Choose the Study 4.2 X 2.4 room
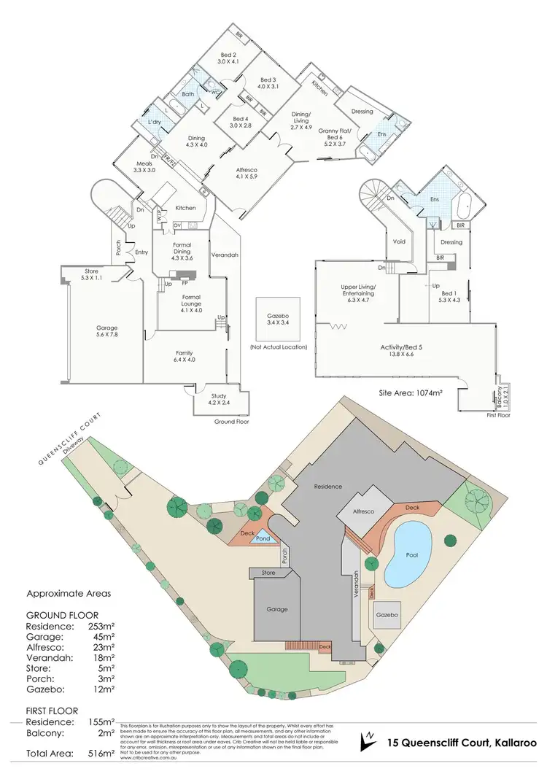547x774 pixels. (220, 398)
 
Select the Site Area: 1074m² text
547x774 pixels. (411, 392)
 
